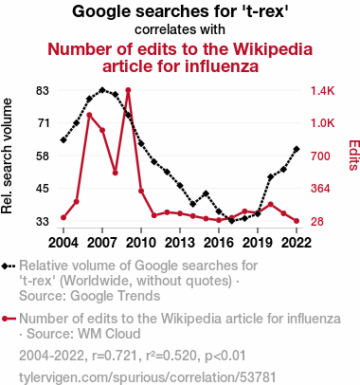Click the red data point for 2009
click(x=128, y=90)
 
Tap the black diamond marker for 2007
click(x=102, y=90)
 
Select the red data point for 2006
click(x=89, y=115)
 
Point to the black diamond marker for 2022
click(x=297, y=149)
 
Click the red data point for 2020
click(x=271, y=205)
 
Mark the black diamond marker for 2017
click(x=232, y=221)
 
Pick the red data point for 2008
click(x=116, y=173)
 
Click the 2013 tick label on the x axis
click(x=180, y=243)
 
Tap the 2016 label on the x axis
click(x=219, y=243)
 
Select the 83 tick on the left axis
click(x=43, y=91)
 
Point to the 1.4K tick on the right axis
click(x=322, y=91)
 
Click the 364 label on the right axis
click(x=320, y=189)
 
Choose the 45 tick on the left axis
click(x=43, y=189)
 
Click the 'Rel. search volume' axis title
click(x=7, y=156)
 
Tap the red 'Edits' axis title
click(x=353, y=156)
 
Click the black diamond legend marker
click(x=5, y=266)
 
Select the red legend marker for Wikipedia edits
click(x=5, y=319)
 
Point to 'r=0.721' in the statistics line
click(x=115, y=356)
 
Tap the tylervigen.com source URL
click(x=148, y=377)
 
